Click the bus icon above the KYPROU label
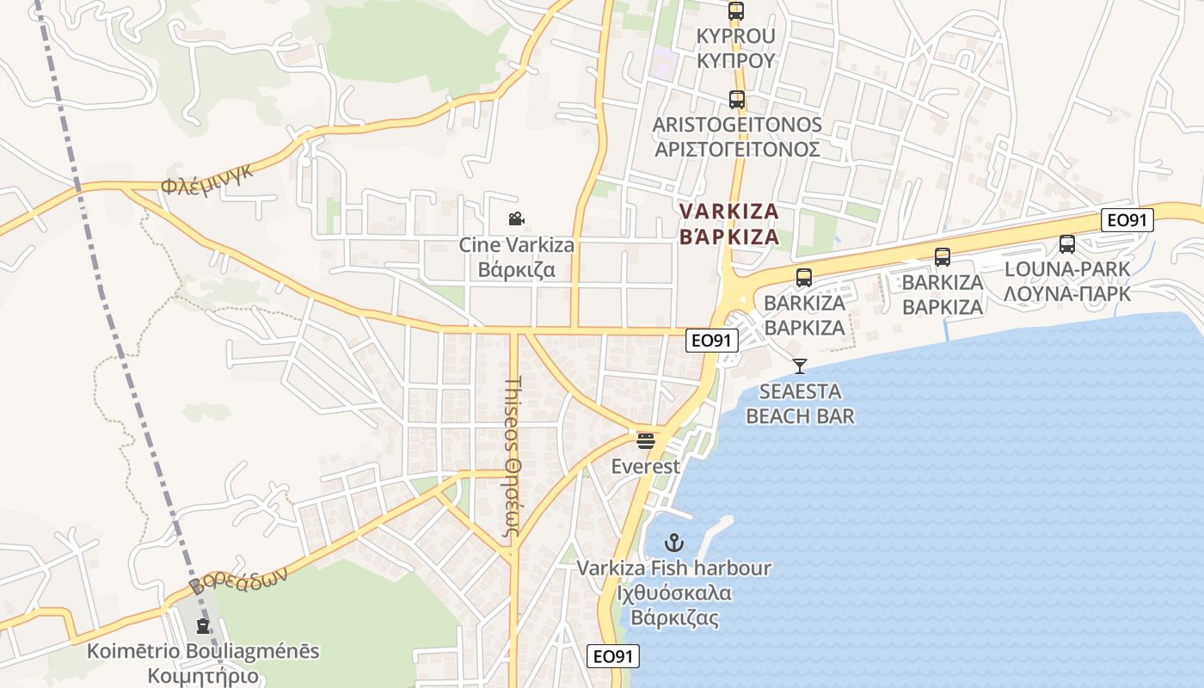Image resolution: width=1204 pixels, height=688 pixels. (736, 11)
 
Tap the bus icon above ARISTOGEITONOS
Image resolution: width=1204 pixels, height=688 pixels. (736, 100)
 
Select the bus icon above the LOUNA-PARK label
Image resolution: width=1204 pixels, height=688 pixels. (1067, 244)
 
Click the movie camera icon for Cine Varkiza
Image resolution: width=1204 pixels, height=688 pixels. (516, 219)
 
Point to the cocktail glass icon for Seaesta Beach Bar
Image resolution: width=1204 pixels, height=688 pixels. (800, 366)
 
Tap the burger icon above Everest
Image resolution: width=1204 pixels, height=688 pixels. (646, 441)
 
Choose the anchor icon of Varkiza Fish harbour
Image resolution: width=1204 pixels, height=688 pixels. (674, 543)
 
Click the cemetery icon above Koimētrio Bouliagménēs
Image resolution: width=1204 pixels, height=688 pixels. (203, 626)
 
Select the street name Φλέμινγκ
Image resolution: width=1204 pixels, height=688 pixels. (206, 179)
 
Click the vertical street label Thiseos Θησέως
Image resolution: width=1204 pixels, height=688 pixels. (513, 456)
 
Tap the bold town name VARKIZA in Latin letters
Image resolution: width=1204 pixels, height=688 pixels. (729, 212)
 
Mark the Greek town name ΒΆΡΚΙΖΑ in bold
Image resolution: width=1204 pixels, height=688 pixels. (729, 236)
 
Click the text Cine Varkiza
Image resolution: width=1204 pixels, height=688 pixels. (516, 245)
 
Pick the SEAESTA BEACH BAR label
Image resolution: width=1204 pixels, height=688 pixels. (800, 404)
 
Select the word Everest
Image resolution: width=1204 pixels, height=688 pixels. (646, 467)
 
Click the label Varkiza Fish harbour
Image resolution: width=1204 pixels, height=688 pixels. (674, 568)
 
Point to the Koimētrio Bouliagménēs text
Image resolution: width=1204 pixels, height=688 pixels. (203, 651)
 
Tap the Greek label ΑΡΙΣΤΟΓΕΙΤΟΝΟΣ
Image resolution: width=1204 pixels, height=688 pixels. (737, 149)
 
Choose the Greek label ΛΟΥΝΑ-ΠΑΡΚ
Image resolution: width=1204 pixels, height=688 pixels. (1067, 294)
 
